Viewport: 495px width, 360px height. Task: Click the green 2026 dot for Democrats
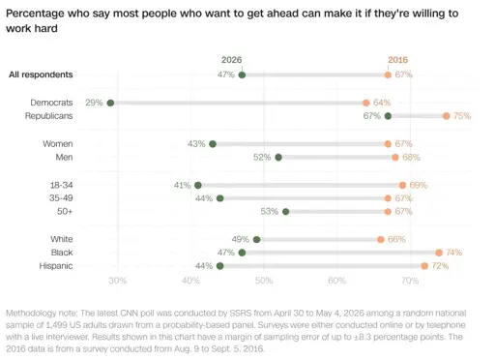click(x=110, y=103)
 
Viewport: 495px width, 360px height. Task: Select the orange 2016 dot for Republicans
click(x=447, y=116)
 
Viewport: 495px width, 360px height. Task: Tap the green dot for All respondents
click(x=242, y=75)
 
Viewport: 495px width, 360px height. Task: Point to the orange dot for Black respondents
click(x=439, y=253)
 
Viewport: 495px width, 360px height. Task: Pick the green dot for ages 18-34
click(x=198, y=186)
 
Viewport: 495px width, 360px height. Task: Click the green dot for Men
click(x=278, y=158)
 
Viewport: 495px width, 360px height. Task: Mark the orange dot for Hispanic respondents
click(x=424, y=266)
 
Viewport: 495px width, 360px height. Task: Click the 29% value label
click(x=94, y=103)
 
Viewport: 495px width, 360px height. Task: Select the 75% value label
click(x=462, y=116)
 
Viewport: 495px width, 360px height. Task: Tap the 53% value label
click(x=270, y=211)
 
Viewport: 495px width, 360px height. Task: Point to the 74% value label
click(x=454, y=253)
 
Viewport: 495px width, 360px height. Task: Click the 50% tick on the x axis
click(x=264, y=281)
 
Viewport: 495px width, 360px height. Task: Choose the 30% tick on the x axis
click(x=118, y=281)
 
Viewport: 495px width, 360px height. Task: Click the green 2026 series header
click(x=231, y=60)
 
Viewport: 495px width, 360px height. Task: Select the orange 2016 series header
click(x=398, y=60)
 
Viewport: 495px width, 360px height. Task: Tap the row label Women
click(x=58, y=144)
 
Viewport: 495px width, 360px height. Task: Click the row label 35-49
click(x=61, y=198)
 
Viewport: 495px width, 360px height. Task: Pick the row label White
click(x=62, y=239)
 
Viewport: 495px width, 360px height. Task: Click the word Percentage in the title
click(x=35, y=14)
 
